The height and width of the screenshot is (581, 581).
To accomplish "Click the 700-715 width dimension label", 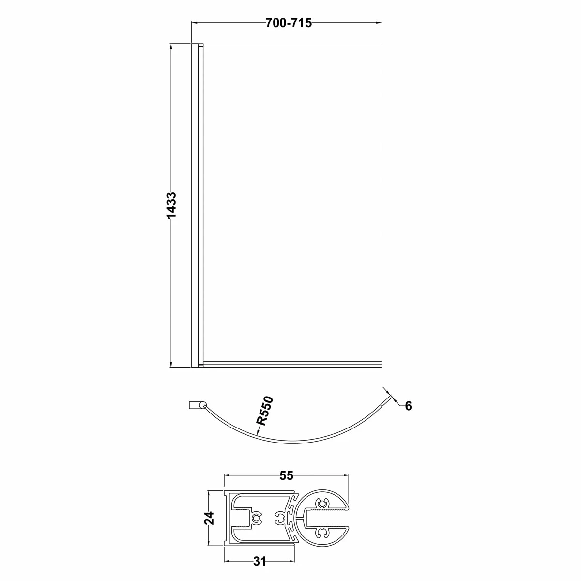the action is click(x=289, y=23).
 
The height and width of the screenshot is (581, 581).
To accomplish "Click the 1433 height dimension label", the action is click(x=171, y=205).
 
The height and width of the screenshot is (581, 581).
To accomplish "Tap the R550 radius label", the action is click(x=265, y=411).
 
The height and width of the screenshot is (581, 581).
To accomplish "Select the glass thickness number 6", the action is click(x=408, y=406).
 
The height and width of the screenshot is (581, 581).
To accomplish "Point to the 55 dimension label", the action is click(x=286, y=475).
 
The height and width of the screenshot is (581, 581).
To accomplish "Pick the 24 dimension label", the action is click(x=210, y=518).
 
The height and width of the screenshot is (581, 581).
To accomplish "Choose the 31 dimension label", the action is click(x=260, y=561).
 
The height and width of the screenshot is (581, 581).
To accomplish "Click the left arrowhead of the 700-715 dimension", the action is click(x=196, y=23).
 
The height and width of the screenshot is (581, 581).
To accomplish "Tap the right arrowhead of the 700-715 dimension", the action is click(x=379, y=23).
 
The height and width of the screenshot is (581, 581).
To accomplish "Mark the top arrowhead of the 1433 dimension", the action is click(x=171, y=47).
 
